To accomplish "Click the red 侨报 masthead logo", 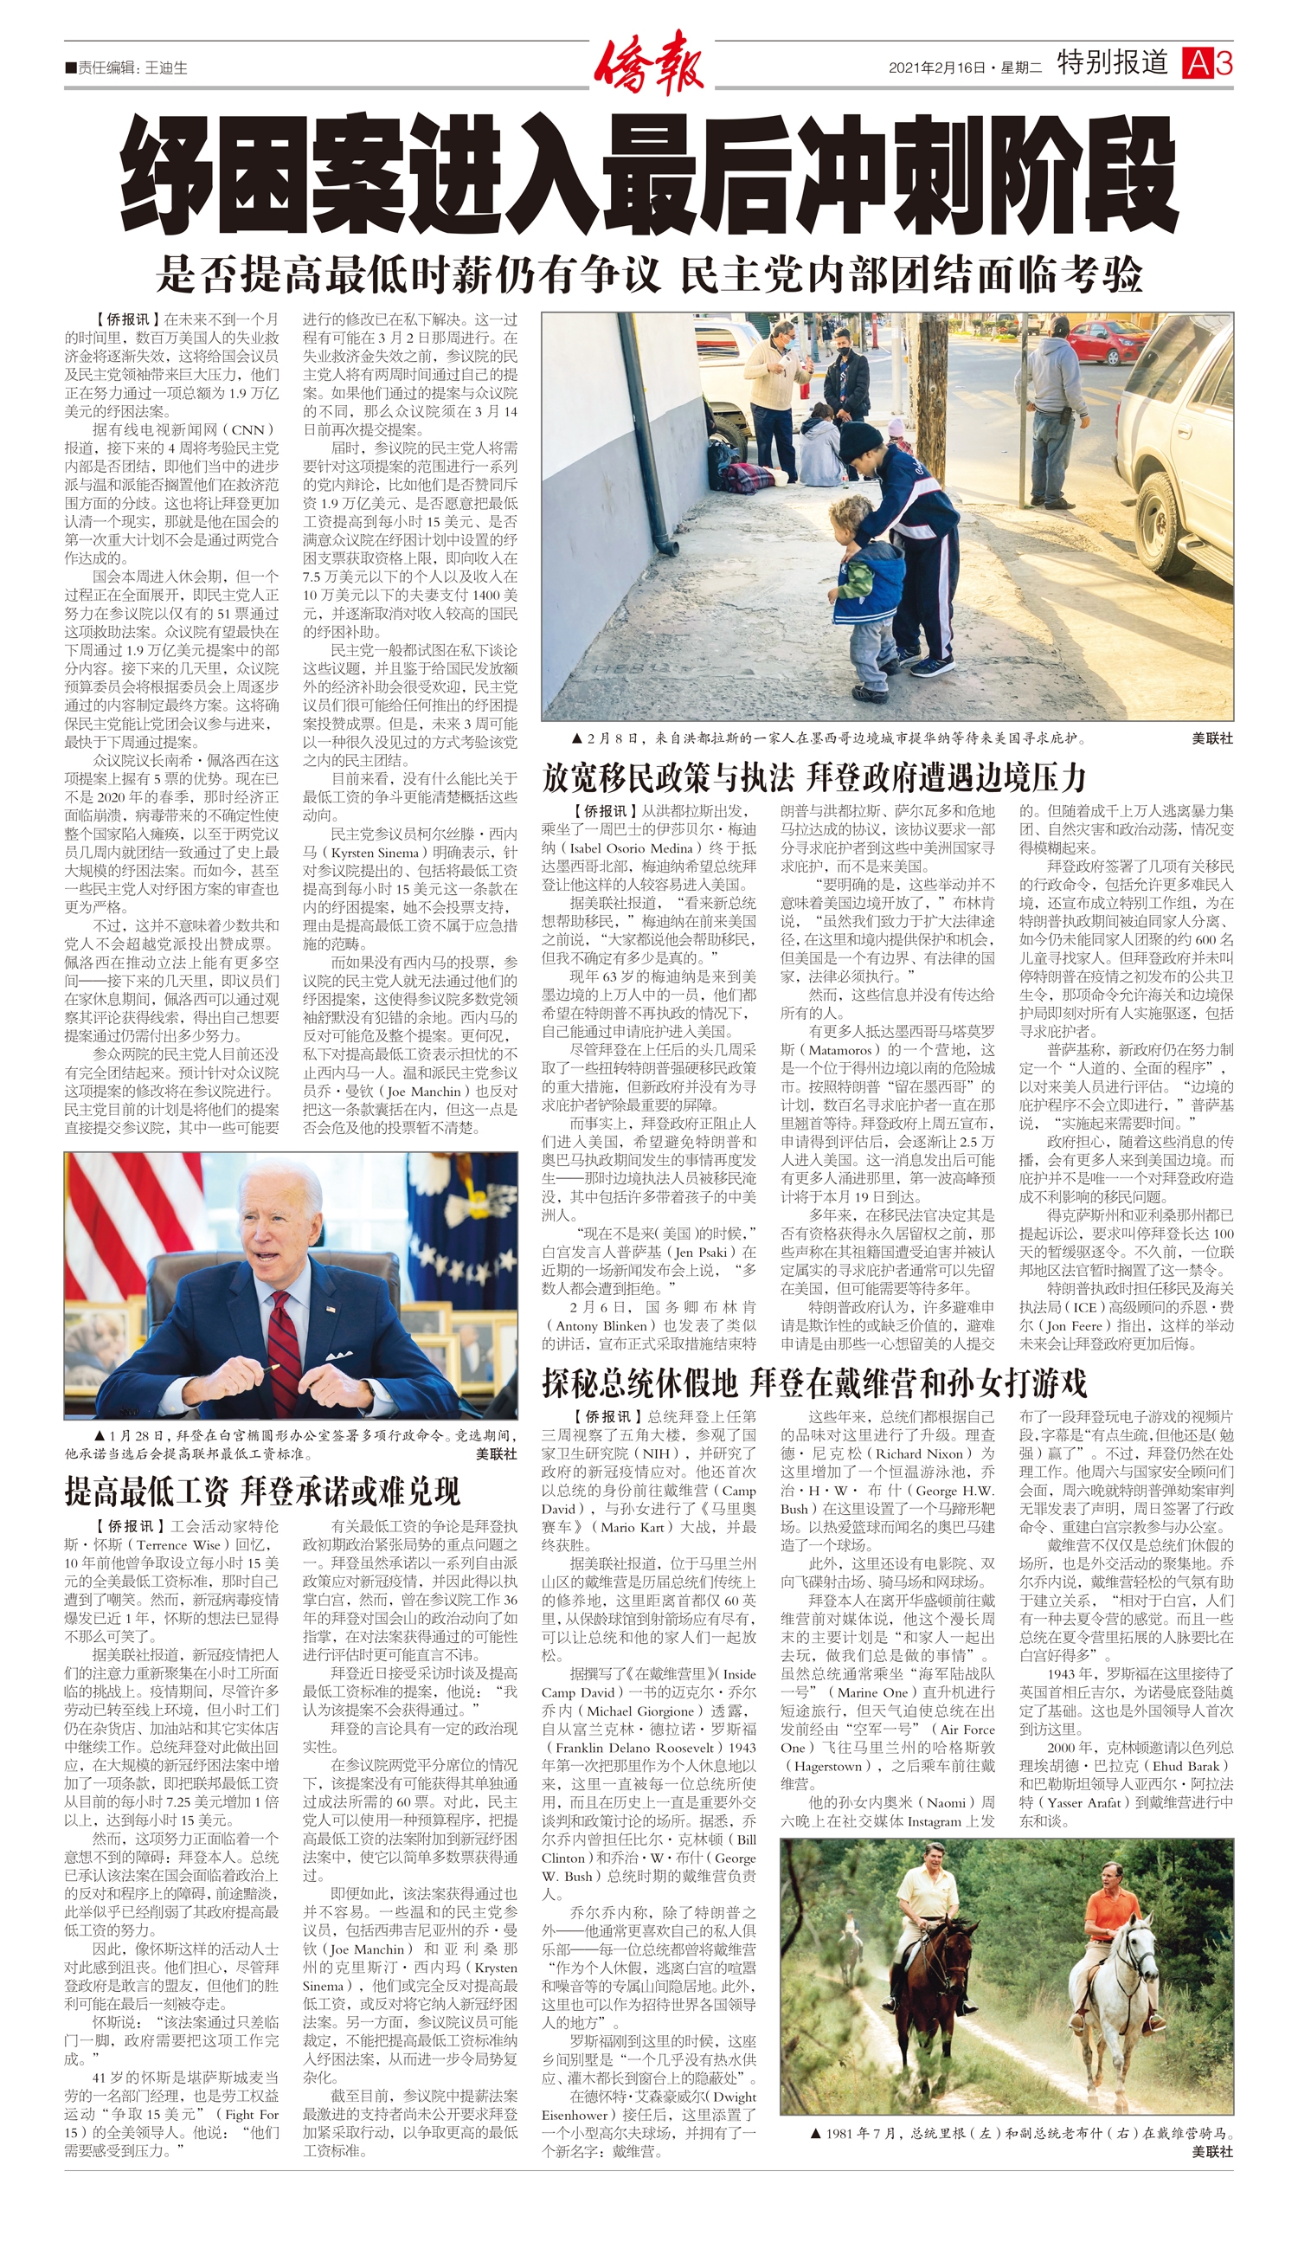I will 648,62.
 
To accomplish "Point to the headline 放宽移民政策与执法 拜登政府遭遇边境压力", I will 813,777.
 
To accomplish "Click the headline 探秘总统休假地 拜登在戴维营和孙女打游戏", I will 813,1383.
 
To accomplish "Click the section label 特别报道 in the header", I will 1112,62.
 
